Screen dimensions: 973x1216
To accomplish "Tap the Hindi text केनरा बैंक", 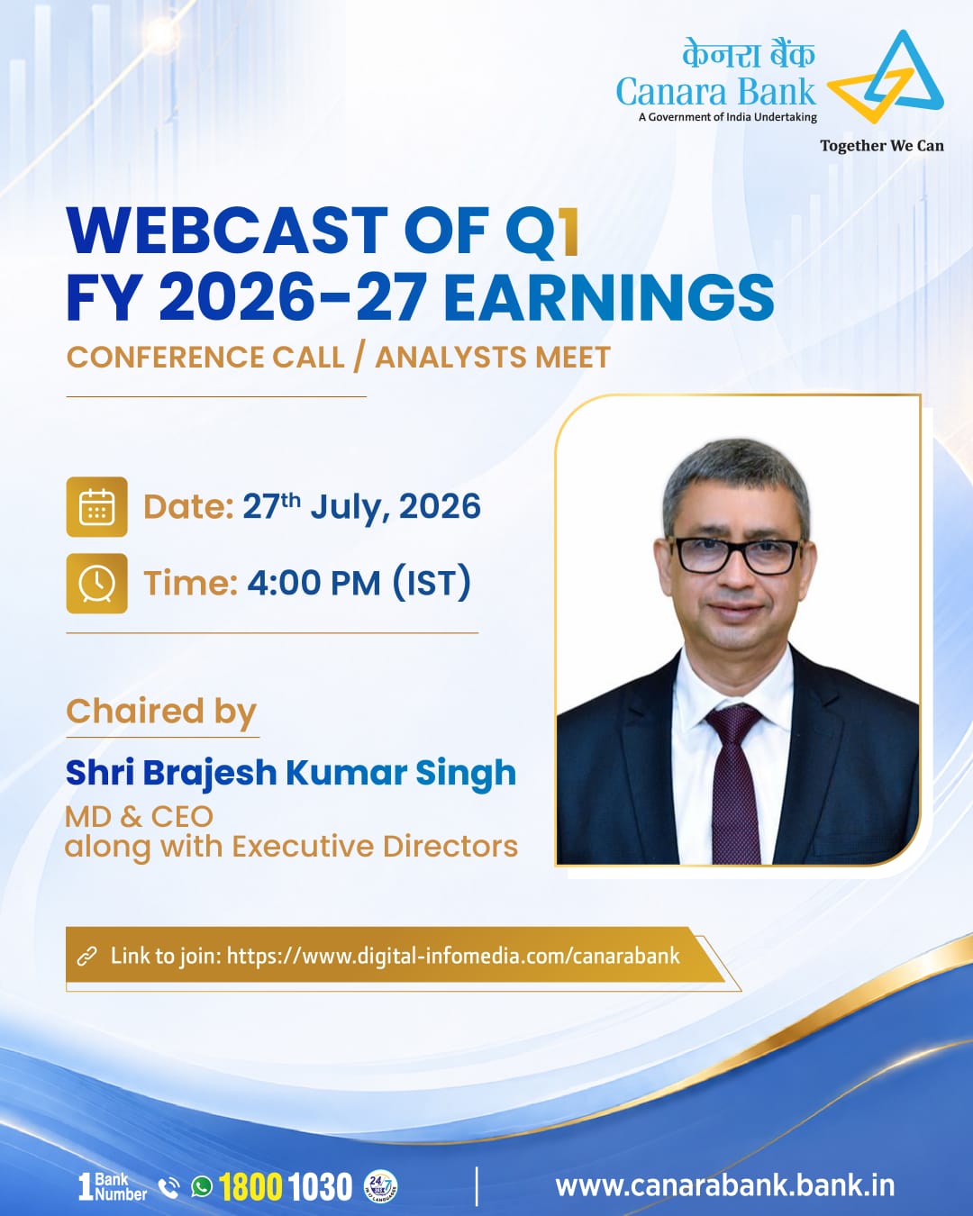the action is (749, 54).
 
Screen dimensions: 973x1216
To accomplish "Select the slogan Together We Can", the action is (882, 146).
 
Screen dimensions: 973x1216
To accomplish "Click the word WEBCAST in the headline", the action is (227, 231).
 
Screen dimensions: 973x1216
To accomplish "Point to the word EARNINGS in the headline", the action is (609, 298).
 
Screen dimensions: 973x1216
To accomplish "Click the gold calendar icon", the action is (96, 506).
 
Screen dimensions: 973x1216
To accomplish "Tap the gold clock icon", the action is (96, 583).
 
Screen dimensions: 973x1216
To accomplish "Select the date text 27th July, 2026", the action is (362, 506).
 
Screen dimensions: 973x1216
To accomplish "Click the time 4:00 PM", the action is (314, 583).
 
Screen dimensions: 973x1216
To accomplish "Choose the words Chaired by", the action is (161, 712).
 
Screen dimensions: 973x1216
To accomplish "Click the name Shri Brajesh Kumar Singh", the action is (291, 773).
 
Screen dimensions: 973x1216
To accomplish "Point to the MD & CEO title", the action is (139, 817).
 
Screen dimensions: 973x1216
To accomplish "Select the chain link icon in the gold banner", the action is (87, 957).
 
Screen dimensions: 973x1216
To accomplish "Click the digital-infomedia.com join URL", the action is (453, 956).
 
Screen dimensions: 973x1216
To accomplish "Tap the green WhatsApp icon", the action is (202, 1186).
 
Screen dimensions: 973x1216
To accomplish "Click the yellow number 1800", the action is (250, 1186).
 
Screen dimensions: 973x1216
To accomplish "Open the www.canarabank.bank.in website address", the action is (725, 1185).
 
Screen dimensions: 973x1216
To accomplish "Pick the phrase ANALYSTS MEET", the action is (493, 357).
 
